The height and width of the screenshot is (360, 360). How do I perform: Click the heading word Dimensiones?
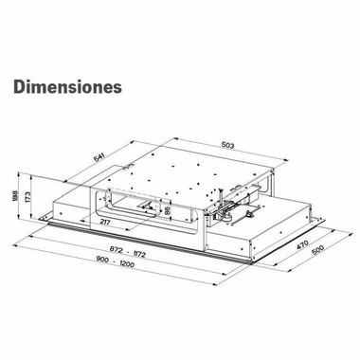(67, 86)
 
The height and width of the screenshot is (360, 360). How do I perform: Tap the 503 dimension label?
(221, 144)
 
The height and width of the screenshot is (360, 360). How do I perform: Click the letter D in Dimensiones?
(20, 86)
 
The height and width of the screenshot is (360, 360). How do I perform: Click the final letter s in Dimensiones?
(117, 87)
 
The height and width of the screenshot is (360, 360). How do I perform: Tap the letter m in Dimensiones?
(44, 87)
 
